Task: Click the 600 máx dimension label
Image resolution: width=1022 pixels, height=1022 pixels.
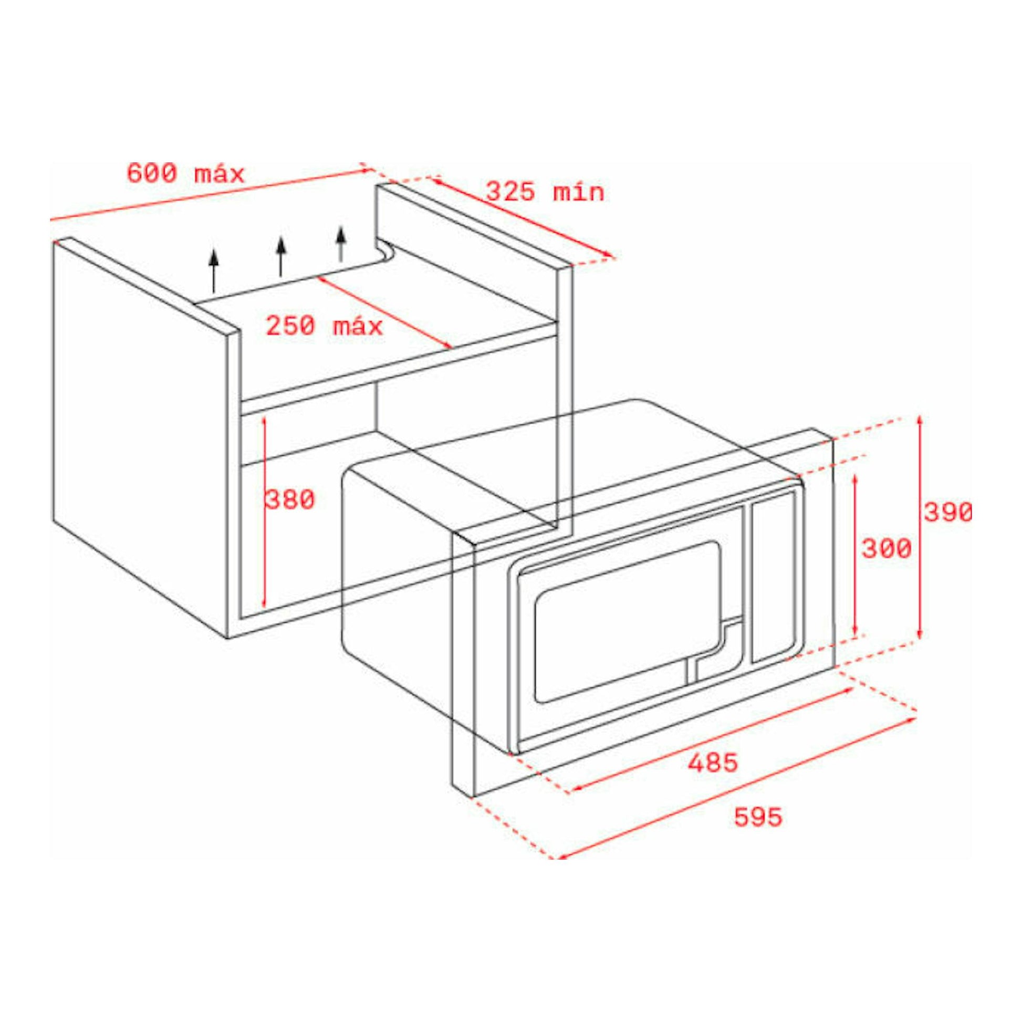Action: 186,174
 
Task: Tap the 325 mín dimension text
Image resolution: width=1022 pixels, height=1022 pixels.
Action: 545,192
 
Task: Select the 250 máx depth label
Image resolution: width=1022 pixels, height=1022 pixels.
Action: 324,326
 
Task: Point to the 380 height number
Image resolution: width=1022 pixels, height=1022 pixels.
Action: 290,500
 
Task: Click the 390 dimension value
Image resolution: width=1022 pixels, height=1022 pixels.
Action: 948,512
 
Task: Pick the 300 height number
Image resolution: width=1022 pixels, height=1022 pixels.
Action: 887,549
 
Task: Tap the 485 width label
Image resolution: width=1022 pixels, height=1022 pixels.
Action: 713,763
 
